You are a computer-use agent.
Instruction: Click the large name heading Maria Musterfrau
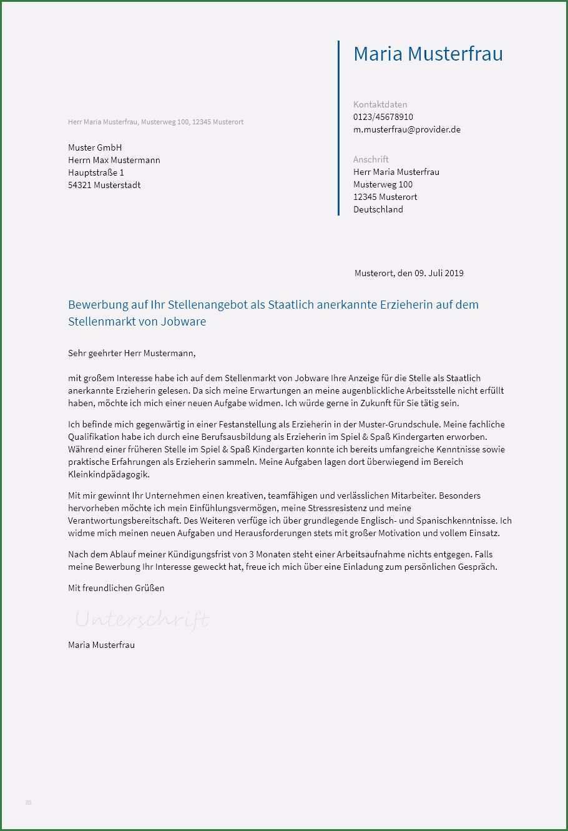(428, 54)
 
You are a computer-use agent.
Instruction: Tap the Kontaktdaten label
(379, 104)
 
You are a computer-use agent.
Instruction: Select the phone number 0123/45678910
(383, 117)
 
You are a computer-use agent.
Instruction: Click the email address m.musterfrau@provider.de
(406, 129)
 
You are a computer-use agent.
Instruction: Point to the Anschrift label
(371, 159)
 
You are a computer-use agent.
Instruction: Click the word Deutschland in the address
(378, 209)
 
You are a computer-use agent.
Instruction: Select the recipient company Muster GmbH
(95, 147)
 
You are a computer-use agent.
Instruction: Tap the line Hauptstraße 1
(96, 172)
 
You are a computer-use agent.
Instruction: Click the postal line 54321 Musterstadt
(104, 185)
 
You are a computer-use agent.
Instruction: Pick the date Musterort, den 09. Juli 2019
(409, 273)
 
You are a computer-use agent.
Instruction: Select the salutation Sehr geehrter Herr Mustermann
(132, 353)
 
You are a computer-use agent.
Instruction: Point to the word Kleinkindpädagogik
(109, 474)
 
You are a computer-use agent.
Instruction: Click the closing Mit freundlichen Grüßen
(116, 588)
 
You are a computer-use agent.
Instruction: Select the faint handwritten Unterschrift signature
(142, 619)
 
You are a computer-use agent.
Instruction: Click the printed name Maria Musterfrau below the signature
(101, 644)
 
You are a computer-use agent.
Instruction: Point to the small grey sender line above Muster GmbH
(155, 122)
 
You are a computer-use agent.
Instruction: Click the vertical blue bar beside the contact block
(338, 128)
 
